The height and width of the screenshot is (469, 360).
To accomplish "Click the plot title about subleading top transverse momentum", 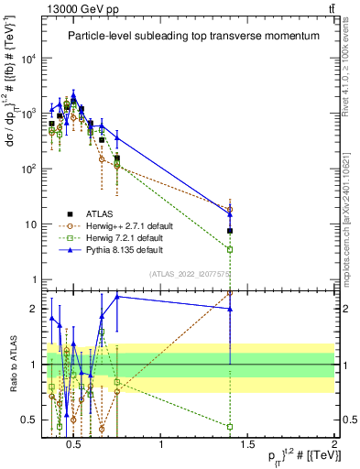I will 192,36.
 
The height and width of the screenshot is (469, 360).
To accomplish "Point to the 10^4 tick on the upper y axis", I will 29,59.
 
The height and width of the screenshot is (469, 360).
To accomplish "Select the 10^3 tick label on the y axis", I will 29,114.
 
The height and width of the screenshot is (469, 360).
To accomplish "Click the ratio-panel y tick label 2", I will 34,309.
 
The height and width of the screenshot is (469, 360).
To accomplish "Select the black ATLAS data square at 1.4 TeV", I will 230,231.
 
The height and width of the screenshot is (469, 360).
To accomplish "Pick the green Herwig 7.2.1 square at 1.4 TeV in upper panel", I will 230,249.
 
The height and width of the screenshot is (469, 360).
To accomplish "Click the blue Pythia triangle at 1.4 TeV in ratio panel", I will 230,309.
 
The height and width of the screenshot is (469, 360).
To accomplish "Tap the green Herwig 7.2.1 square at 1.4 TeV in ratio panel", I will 230,426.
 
